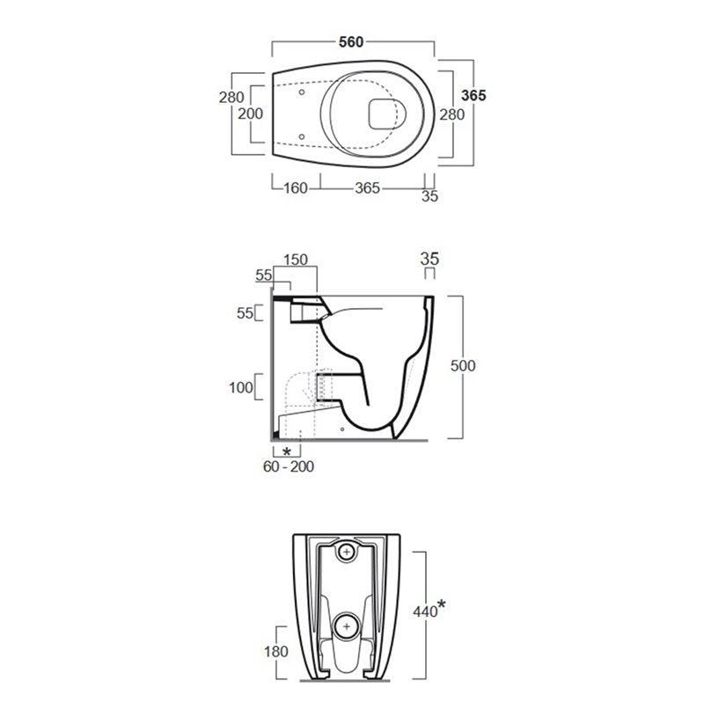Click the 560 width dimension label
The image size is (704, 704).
[x=351, y=41]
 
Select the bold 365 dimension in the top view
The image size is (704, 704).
[x=473, y=95]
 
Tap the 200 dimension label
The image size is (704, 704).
[x=250, y=114]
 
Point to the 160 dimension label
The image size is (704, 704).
[x=296, y=187]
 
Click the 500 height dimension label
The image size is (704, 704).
[x=463, y=366]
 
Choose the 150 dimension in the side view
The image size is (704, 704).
[x=296, y=260]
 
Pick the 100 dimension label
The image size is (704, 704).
[x=241, y=387]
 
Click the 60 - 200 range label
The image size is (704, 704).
[x=289, y=466]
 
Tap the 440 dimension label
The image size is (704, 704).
[x=425, y=611]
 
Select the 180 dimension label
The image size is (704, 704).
[x=275, y=651]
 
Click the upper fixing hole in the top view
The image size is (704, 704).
[x=302, y=92]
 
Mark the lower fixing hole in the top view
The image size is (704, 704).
[x=302, y=136]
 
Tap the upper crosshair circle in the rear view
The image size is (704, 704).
[x=347, y=552]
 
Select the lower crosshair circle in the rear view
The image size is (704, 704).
[x=346, y=627]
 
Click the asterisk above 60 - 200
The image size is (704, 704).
[x=287, y=451]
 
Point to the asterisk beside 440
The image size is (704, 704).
[x=442, y=605]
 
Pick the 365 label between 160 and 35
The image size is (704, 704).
[x=367, y=187]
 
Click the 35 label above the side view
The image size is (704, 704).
[x=429, y=259]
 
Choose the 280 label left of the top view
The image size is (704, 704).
[x=231, y=97]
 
